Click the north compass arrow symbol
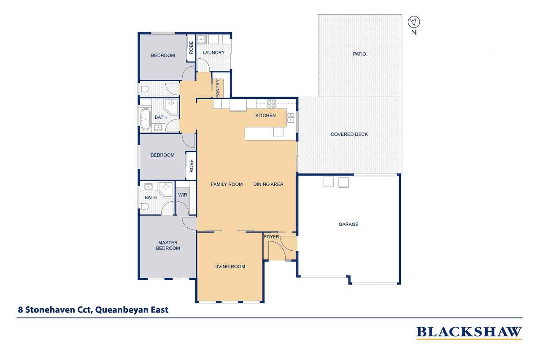click(414, 22)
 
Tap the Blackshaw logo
click(469, 332)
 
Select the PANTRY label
click(218, 89)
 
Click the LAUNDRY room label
click(213, 53)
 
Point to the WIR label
click(183, 195)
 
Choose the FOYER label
click(271, 237)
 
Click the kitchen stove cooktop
click(271, 104)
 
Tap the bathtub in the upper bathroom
click(146, 119)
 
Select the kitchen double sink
click(291, 118)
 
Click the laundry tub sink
click(202, 39)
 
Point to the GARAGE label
click(348, 224)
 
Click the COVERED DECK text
click(349, 134)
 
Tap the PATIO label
click(359, 54)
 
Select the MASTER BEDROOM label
click(168, 246)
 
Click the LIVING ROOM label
click(229, 266)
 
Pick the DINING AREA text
click(268, 184)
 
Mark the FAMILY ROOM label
click(227, 184)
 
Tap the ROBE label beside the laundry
click(191, 48)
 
